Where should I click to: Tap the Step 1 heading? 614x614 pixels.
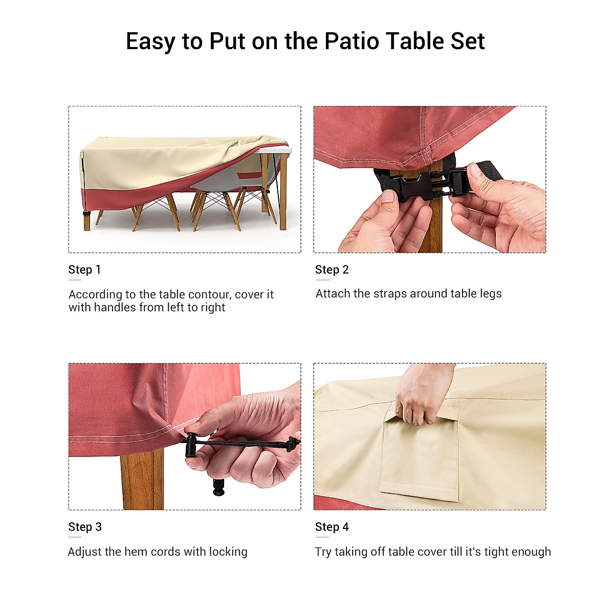[x=84, y=270]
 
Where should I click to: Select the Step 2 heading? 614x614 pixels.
[x=332, y=270]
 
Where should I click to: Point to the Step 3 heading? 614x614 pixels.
[x=85, y=527]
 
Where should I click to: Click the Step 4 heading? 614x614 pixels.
[x=332, y=527]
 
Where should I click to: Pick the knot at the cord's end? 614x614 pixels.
[x=293, y=444]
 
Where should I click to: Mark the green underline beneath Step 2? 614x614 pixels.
[x=322, y=280]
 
